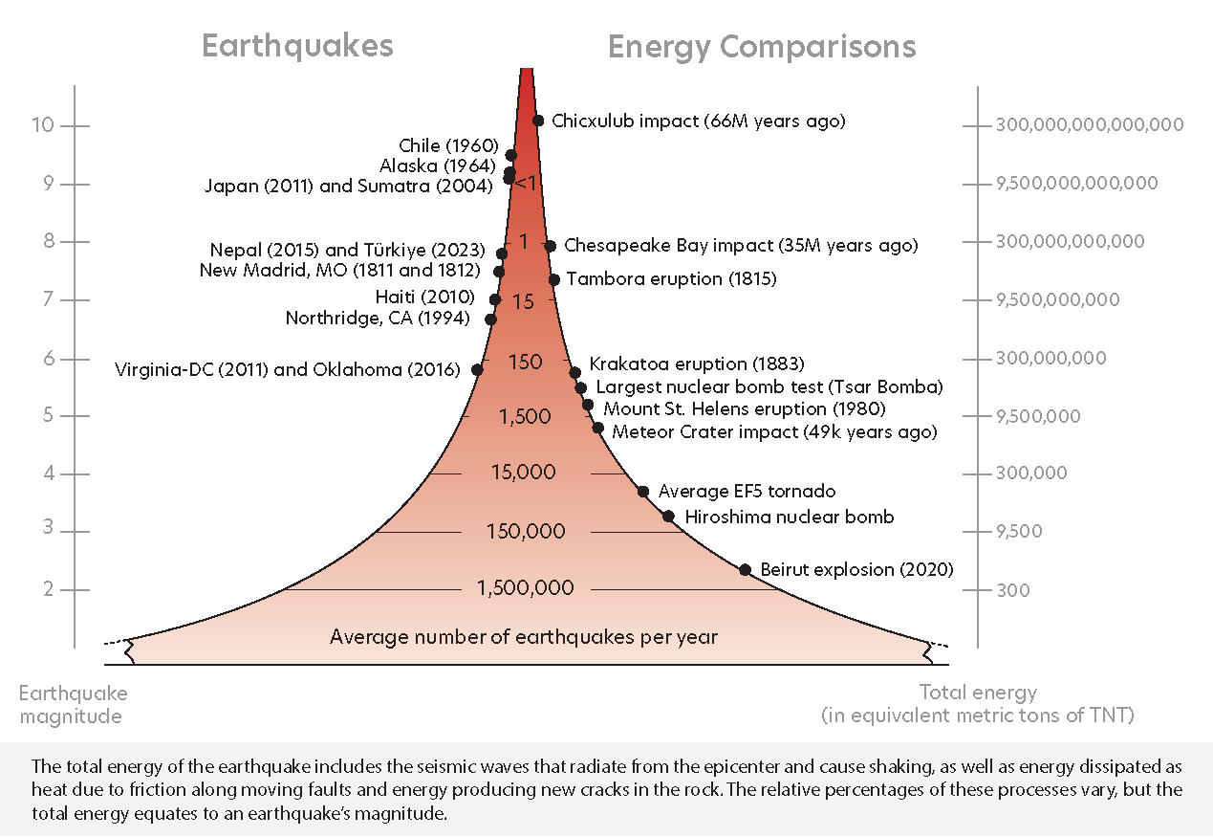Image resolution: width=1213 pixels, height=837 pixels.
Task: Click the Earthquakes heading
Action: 297,47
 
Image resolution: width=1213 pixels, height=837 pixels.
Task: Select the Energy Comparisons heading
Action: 762,47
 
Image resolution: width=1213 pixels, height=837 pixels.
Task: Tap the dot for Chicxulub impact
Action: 538,121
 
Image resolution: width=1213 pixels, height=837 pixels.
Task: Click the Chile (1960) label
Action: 449,146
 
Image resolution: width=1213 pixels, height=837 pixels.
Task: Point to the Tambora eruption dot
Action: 553,279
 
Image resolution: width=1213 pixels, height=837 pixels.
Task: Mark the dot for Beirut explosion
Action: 745,569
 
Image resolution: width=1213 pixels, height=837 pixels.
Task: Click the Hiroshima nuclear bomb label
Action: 789,517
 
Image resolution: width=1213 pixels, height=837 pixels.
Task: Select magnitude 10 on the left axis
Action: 43,125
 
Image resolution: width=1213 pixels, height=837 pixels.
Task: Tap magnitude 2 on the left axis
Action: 47,589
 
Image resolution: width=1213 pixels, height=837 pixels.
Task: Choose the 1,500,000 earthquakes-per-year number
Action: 526,588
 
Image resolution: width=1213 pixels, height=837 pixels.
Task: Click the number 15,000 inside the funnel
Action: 523,473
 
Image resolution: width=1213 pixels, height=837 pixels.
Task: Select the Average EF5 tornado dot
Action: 643,491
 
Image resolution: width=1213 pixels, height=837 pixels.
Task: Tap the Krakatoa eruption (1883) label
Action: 697,364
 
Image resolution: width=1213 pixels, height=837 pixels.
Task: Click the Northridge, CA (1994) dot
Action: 490,319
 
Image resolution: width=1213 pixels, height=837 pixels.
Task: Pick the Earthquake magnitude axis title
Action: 73,704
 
